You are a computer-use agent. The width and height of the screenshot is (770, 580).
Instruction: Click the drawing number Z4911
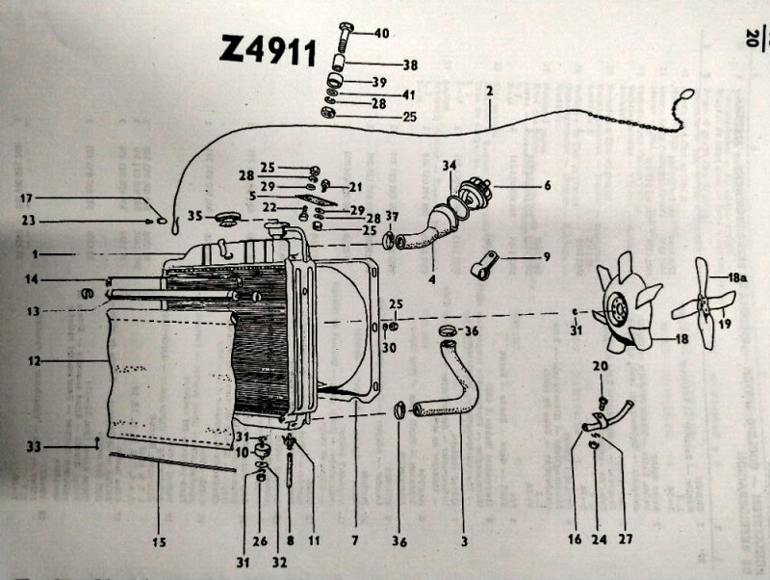click(269, 49)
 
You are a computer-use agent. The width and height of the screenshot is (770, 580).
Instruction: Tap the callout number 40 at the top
click(381, 34)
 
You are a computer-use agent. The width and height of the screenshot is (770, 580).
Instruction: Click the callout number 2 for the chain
click(490, 92)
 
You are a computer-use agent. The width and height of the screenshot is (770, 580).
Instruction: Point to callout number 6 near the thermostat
click(546, 185)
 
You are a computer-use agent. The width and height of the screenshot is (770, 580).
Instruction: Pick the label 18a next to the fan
click(737, 277)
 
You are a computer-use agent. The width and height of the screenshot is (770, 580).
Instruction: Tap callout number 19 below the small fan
click(725, 324)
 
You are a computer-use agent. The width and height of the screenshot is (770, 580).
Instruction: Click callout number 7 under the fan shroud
click(355, 540)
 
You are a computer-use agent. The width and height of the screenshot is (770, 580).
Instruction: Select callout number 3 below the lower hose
click(464, 540)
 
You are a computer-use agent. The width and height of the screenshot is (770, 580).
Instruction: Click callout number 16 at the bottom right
click(575, 540)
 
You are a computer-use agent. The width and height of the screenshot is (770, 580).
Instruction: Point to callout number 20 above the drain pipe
click(599, 367)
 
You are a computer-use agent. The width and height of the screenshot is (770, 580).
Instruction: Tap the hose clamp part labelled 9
click(485, 261)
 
